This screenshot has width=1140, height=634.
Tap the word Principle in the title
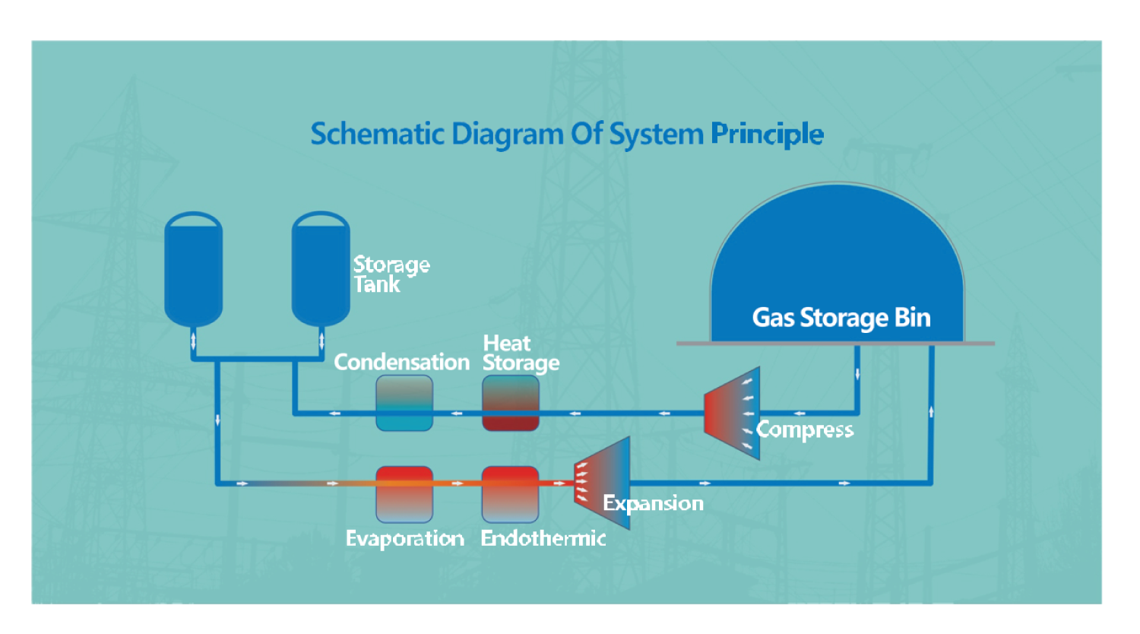tap(767, 135)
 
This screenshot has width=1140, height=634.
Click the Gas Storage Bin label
tap(841, 318)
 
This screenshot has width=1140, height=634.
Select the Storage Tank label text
tap(391, 274)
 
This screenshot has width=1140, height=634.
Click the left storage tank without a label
tap(193, 268)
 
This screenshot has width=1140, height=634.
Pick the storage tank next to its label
tap(321, 268)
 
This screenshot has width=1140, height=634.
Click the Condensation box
tap(404, 403)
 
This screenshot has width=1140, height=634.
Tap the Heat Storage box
tap(511, 403)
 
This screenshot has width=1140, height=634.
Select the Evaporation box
tap(404, 494)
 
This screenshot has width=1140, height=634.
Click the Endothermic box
tap(511, 494)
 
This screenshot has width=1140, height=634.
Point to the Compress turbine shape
tap(732, 413)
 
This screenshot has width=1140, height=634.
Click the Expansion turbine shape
tap(603, 482)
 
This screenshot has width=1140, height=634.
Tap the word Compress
tap(805, 430)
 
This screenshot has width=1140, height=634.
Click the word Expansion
tap(653, 503)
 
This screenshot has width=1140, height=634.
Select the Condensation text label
tap(401, 363)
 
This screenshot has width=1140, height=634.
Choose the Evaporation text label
tap(404, 539)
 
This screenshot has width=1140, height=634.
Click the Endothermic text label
tap(543, 539)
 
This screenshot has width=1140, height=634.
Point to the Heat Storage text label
tap(521, 353)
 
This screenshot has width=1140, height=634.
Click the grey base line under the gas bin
tap(835, 344)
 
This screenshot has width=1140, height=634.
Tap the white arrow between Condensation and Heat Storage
tap(457, 414)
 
